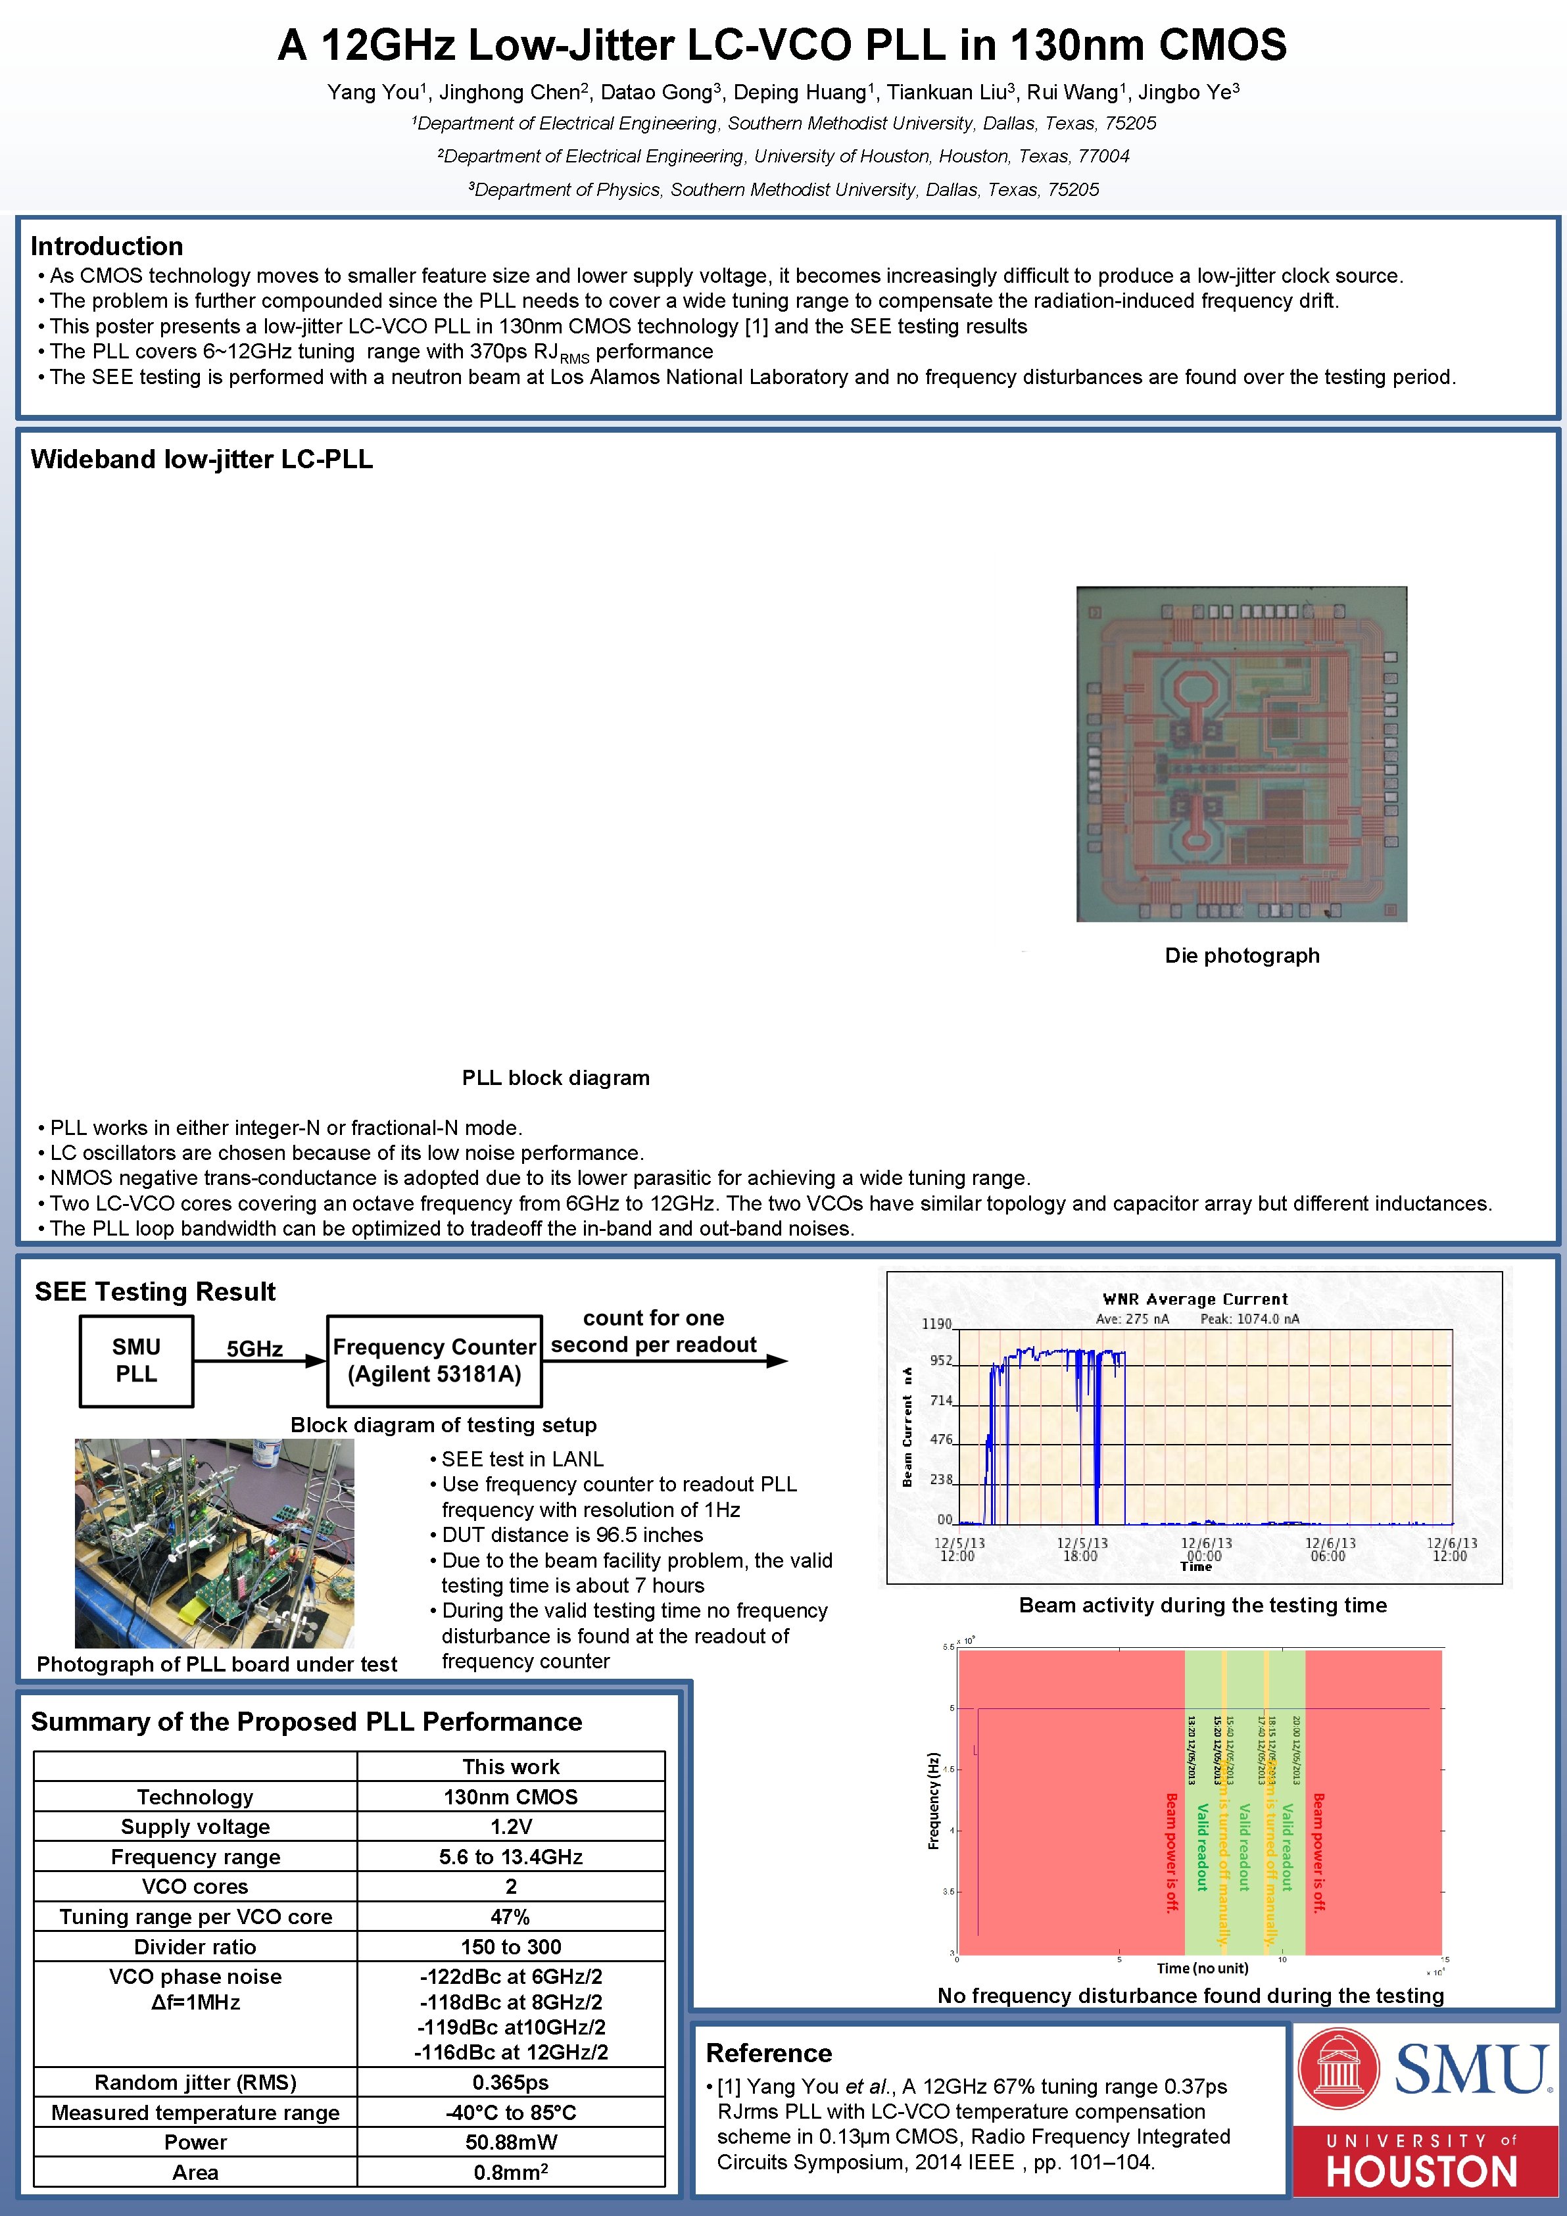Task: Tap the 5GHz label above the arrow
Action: (254, 1348)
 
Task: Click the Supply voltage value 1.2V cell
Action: (510, 1826)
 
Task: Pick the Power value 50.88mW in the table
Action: (510, 2142)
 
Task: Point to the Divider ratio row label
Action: (195, 1946)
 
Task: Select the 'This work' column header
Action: (510, 1766)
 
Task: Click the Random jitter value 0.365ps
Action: (510, 2082)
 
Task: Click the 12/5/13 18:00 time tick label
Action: (1082, 1549)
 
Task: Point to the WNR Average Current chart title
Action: (1195, 1299)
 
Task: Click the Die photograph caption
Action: (1242, 955)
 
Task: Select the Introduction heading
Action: (106, 246)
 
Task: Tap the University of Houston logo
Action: (1422, 2162)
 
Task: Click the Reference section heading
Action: (768, 2053)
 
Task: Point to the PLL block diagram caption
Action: (556, 1077)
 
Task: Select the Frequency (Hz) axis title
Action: (933, 1800)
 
